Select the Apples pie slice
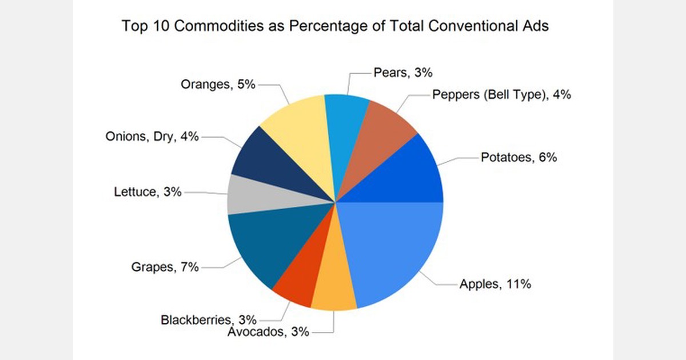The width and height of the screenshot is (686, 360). pos(394,251)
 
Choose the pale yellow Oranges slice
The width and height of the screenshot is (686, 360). pos(300,137)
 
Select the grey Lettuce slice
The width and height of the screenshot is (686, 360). pos(252,194)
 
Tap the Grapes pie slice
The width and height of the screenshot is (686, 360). pos(263,240)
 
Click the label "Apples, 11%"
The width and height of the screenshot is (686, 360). pos(495,283)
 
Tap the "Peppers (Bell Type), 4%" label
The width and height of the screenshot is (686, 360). pos(501,95)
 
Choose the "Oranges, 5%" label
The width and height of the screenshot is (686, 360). pos(218,85)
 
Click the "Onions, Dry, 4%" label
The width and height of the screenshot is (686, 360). pos(152,137)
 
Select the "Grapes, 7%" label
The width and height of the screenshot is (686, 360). pos(165,266)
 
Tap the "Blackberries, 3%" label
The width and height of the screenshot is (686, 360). pos(209,319)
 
